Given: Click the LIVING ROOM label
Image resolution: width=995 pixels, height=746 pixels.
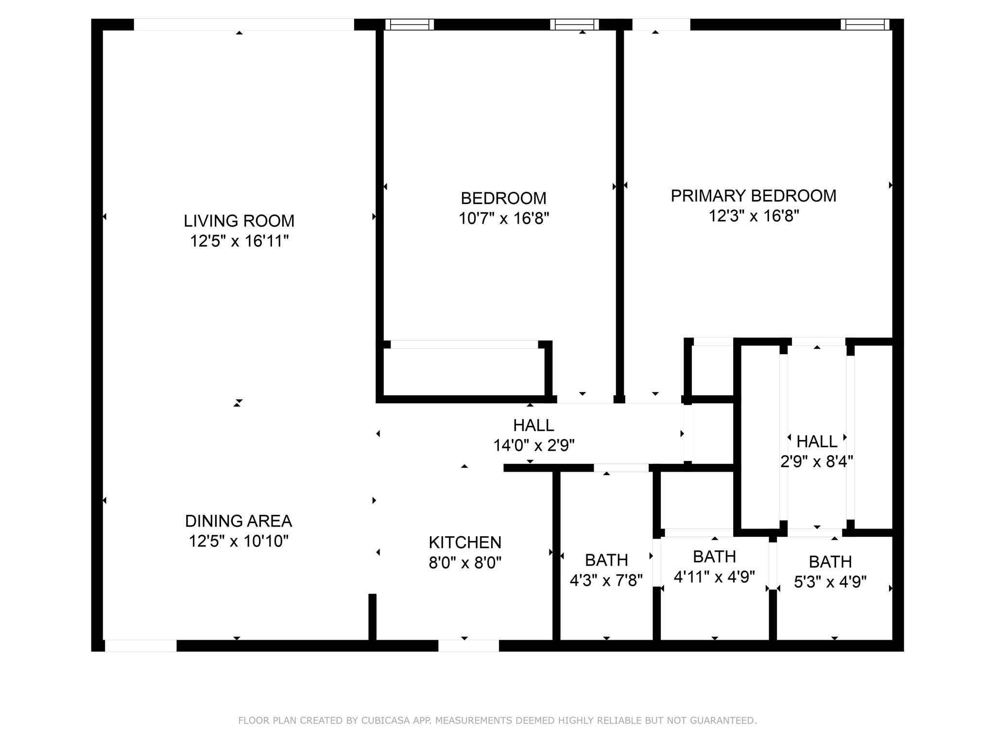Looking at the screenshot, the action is coord(239,221).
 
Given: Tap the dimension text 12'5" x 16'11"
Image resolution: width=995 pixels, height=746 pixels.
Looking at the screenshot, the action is coord(239,241).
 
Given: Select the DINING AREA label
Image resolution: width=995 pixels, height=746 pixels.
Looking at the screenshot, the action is coord(239,521).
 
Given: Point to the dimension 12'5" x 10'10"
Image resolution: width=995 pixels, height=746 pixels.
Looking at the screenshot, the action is coord(239,541).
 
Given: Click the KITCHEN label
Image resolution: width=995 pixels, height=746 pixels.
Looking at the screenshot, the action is coord(465,543).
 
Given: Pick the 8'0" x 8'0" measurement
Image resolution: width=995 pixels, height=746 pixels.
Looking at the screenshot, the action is coord(465,563).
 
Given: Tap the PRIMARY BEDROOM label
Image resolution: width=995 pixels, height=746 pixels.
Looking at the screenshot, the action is coord(754,196).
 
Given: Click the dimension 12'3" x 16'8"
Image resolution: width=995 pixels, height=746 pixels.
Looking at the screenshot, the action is coord(754,216).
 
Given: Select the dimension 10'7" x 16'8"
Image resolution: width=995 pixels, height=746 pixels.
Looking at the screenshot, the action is coord(504,219).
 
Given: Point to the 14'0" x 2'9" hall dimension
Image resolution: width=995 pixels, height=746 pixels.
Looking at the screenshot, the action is coord(534,445).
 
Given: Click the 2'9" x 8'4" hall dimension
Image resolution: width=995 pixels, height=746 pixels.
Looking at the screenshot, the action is coord(817,461).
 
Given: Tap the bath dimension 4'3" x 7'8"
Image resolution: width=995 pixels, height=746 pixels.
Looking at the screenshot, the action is coord(606,580).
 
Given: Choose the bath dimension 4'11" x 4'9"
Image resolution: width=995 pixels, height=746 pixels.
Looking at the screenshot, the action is coord(714,576).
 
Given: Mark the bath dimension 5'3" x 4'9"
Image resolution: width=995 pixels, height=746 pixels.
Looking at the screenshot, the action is coord(830,582).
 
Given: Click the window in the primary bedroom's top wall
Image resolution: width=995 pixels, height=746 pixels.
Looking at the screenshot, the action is coord(865,25).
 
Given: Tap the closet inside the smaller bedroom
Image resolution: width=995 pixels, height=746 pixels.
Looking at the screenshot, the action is coord(464,371).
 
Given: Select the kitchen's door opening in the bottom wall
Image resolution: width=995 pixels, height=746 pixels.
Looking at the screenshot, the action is coord(468,645).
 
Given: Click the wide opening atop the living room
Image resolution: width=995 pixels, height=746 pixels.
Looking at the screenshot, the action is coord(244,25).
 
